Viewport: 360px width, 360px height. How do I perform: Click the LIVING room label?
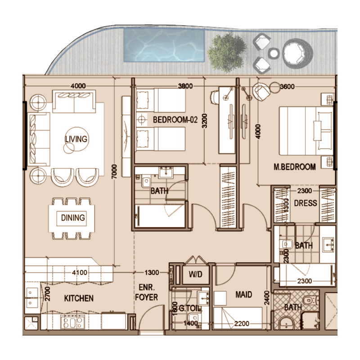click(x=76, y=139)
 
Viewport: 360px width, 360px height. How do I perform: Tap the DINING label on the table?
click(x=73, y=218)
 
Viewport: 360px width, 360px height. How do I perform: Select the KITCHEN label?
click(x=78, y=298)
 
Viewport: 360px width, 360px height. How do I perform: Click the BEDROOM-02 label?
click(x=175, y=120)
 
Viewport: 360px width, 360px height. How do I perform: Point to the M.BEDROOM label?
click(x=295, y=167)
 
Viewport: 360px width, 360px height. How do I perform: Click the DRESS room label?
click(x=306, y=203)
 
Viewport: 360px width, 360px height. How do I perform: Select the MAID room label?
click(x=243, y=295)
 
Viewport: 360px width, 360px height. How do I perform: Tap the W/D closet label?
click(x=195, y=274)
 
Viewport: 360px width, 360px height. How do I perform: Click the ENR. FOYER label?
click(x=147, y=293)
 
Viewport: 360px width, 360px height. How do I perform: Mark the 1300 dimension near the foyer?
click(x=151, y=272)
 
